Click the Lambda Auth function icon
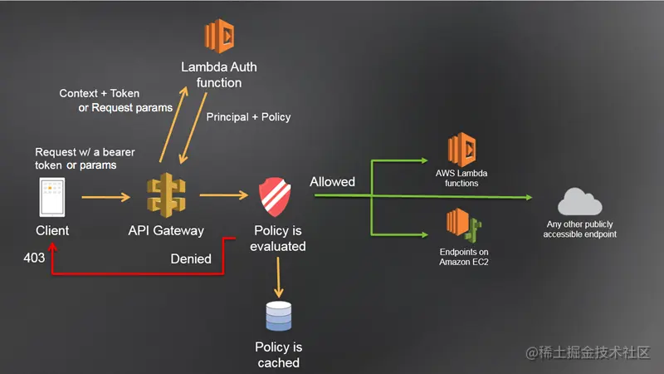(x=220, y=36)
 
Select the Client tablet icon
(x=52, y=198)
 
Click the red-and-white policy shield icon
(x=278, y=197)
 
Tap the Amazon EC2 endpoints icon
(x=463, y=224)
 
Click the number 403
(x=34, y=258)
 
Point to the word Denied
(x=191, y=258)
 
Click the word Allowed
(x=332, y=181)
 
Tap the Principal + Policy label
(x=248, y=117)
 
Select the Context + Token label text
(x=100, y=93)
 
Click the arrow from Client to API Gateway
(x=106, y=198)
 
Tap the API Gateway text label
(x=166, y=230)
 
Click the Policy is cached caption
(x=278, y=355)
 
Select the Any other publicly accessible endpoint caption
(x=580, y=229)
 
